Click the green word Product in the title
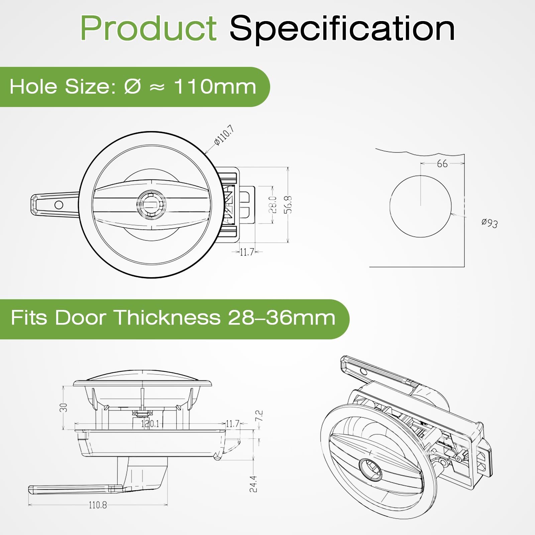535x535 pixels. pyautogui.click(x=149, y=28)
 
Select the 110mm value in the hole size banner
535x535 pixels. pyautogui.click(x=215, y=87)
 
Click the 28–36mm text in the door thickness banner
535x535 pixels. pyautogui.click(x=282, y=317)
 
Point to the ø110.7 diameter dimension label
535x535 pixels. pyautogui.click(x=224, y=135)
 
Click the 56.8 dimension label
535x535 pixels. pyautogui.click(x=288, y=205)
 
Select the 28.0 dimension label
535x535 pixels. pyautogui.click(x=273, y=205)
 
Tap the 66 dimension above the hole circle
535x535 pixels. pyautogui.click(x=442, y=164)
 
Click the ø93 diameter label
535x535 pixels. pyautogui.click(x=490, y=223)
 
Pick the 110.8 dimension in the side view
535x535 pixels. pyautogui.click(x=98, y=505)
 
